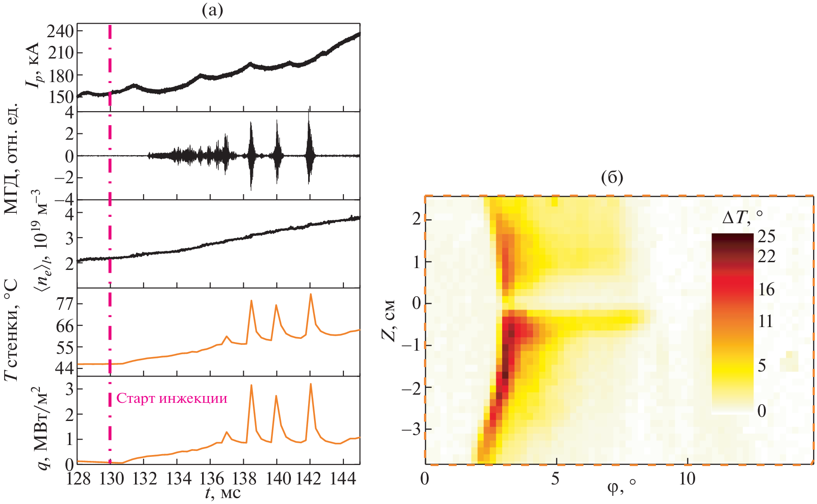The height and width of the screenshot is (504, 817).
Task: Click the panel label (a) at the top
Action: tap(212, 10)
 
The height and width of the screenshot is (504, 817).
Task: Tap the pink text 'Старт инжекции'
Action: tap(172, 398)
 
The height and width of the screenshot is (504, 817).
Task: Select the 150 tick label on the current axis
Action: tap(62, 97)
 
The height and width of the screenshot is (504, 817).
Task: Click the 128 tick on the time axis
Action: tap(78, 479)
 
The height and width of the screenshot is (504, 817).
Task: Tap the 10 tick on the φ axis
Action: tap(687, 479)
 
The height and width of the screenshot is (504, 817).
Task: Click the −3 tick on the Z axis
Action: tap(411, 429)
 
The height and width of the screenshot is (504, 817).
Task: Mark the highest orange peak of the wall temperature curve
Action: tap(310, 294)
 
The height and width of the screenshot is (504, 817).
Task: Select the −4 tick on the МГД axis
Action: tap(63, 199)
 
